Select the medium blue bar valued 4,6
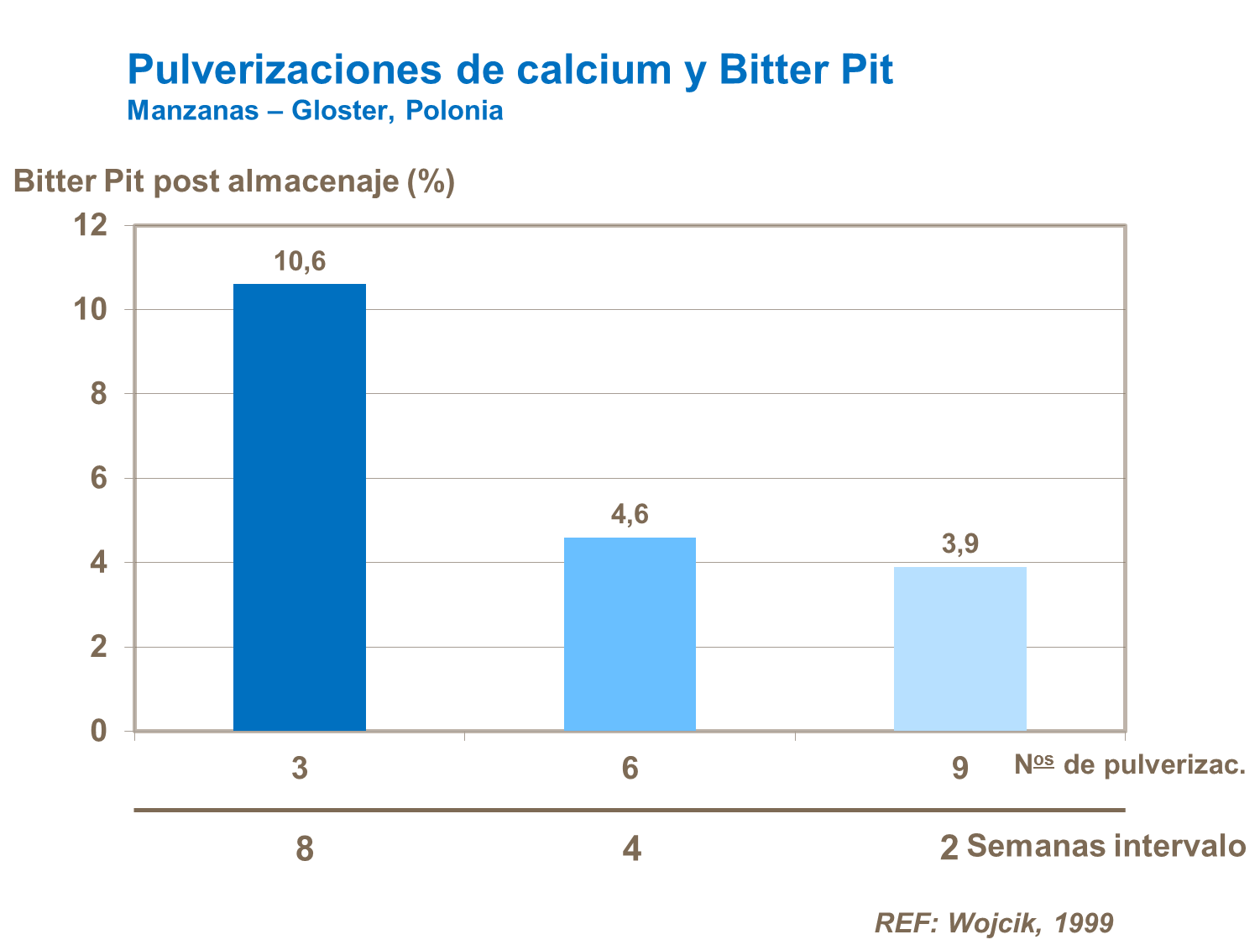pos(630,633)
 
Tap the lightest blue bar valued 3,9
pos(959,648)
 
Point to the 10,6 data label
pos(300,261)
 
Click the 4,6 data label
pos(630,513)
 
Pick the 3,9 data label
pos(960,543)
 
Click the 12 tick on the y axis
pos(91,225)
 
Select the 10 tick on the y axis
pos(91,309)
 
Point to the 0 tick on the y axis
pos(99,730)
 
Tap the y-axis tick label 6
pos(99,478)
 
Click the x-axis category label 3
pos(300,768)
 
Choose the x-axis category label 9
pos(960,768)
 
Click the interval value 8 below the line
pos(305,848)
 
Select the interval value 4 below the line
pos(631,848)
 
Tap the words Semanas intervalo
pos(1106,845)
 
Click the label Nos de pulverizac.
pos(1129,764)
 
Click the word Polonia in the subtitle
pos(454,110)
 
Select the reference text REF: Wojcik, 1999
pos(994,922)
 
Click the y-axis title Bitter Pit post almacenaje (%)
pos(234,181)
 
